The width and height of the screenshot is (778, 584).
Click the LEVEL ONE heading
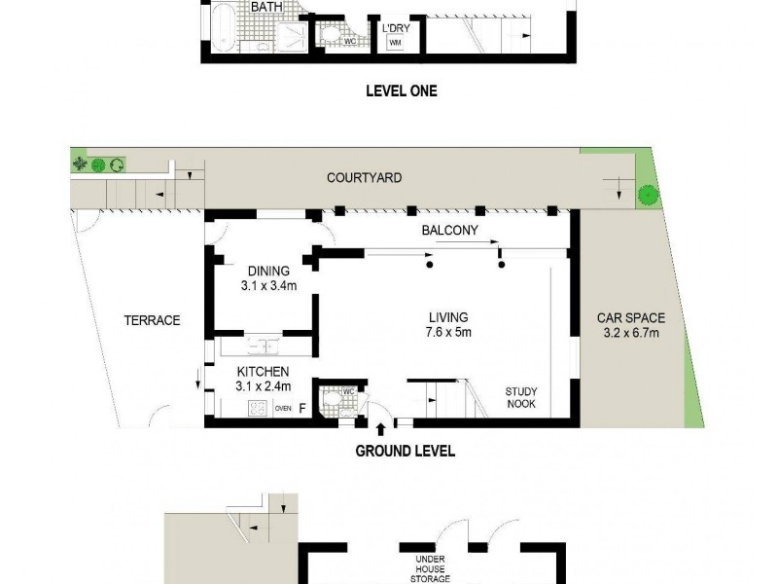pyautogui.click(x=401, y=91)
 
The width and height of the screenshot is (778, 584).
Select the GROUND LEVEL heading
pyautogui.click(x=405, y=452)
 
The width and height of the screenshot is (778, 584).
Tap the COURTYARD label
pyautogui.click(x=364, y=178)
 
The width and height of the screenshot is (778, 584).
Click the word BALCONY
pyautogui.click(x=447, y=231)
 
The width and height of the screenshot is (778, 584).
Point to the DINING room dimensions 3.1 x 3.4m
pyautogui.click(x=268, y=287)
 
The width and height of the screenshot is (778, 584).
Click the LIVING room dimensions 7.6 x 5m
pyautogui.click(x=448, y=333)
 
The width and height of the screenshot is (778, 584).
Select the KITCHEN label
pyautogui.click(x=263, y=371)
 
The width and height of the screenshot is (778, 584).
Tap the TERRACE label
pyautogui.click(x=152, y=320)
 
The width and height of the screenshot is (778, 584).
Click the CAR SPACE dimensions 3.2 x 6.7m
pyautogui.click(x=630, y=334)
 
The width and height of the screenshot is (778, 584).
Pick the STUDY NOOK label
pyautogui.click(x=520, y=397)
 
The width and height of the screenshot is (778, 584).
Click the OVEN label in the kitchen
pyautogui.click(x=283, y=409)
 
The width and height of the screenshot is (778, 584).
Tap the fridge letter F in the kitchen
pyautogui.click(x=302, y=409)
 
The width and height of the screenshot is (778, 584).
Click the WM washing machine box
pyautogui.click(x=396, y=43)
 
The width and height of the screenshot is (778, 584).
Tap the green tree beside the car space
pyautogui.click(x=644, y=196)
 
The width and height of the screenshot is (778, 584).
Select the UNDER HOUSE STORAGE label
pyautogui.click(x=430, y=568)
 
